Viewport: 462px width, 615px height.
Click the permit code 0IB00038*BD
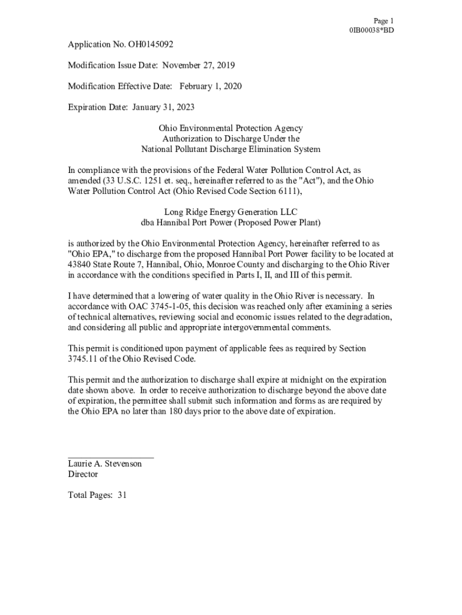pos(371,30)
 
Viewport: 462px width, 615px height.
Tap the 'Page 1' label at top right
pos(383,20)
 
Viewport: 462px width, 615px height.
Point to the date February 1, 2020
pos(210,86)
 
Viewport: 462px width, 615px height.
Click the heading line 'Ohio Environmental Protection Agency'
pos(230,129)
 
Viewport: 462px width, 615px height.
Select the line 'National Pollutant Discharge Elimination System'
pos(230,149)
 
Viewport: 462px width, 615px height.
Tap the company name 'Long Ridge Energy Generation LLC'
pos(230,212)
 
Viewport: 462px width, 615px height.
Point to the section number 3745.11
pos(84,359)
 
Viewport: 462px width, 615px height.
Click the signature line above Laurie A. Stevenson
pos(111,458)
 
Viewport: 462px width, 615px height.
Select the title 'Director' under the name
pos(83,474)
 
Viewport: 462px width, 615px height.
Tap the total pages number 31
pos(122,495)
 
